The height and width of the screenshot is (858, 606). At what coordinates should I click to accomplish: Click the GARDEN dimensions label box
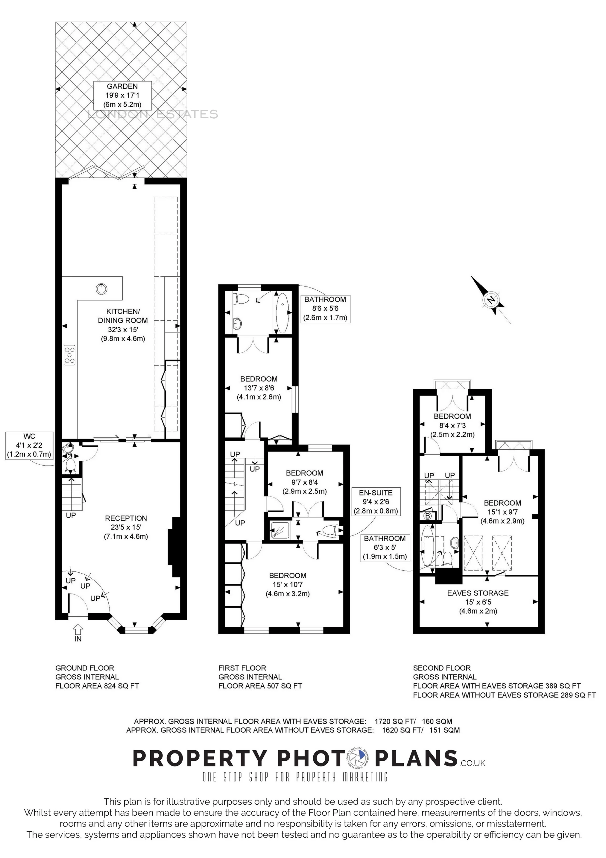122,95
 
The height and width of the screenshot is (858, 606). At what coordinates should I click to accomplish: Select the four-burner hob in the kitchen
69,355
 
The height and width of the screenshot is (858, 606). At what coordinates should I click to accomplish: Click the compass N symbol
490,300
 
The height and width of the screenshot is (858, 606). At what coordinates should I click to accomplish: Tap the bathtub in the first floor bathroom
282,313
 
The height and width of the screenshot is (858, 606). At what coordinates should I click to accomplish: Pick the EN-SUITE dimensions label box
376,501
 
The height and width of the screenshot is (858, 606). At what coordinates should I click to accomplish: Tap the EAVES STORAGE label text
478,593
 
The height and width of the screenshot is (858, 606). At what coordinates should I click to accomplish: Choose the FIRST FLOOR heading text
242,668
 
